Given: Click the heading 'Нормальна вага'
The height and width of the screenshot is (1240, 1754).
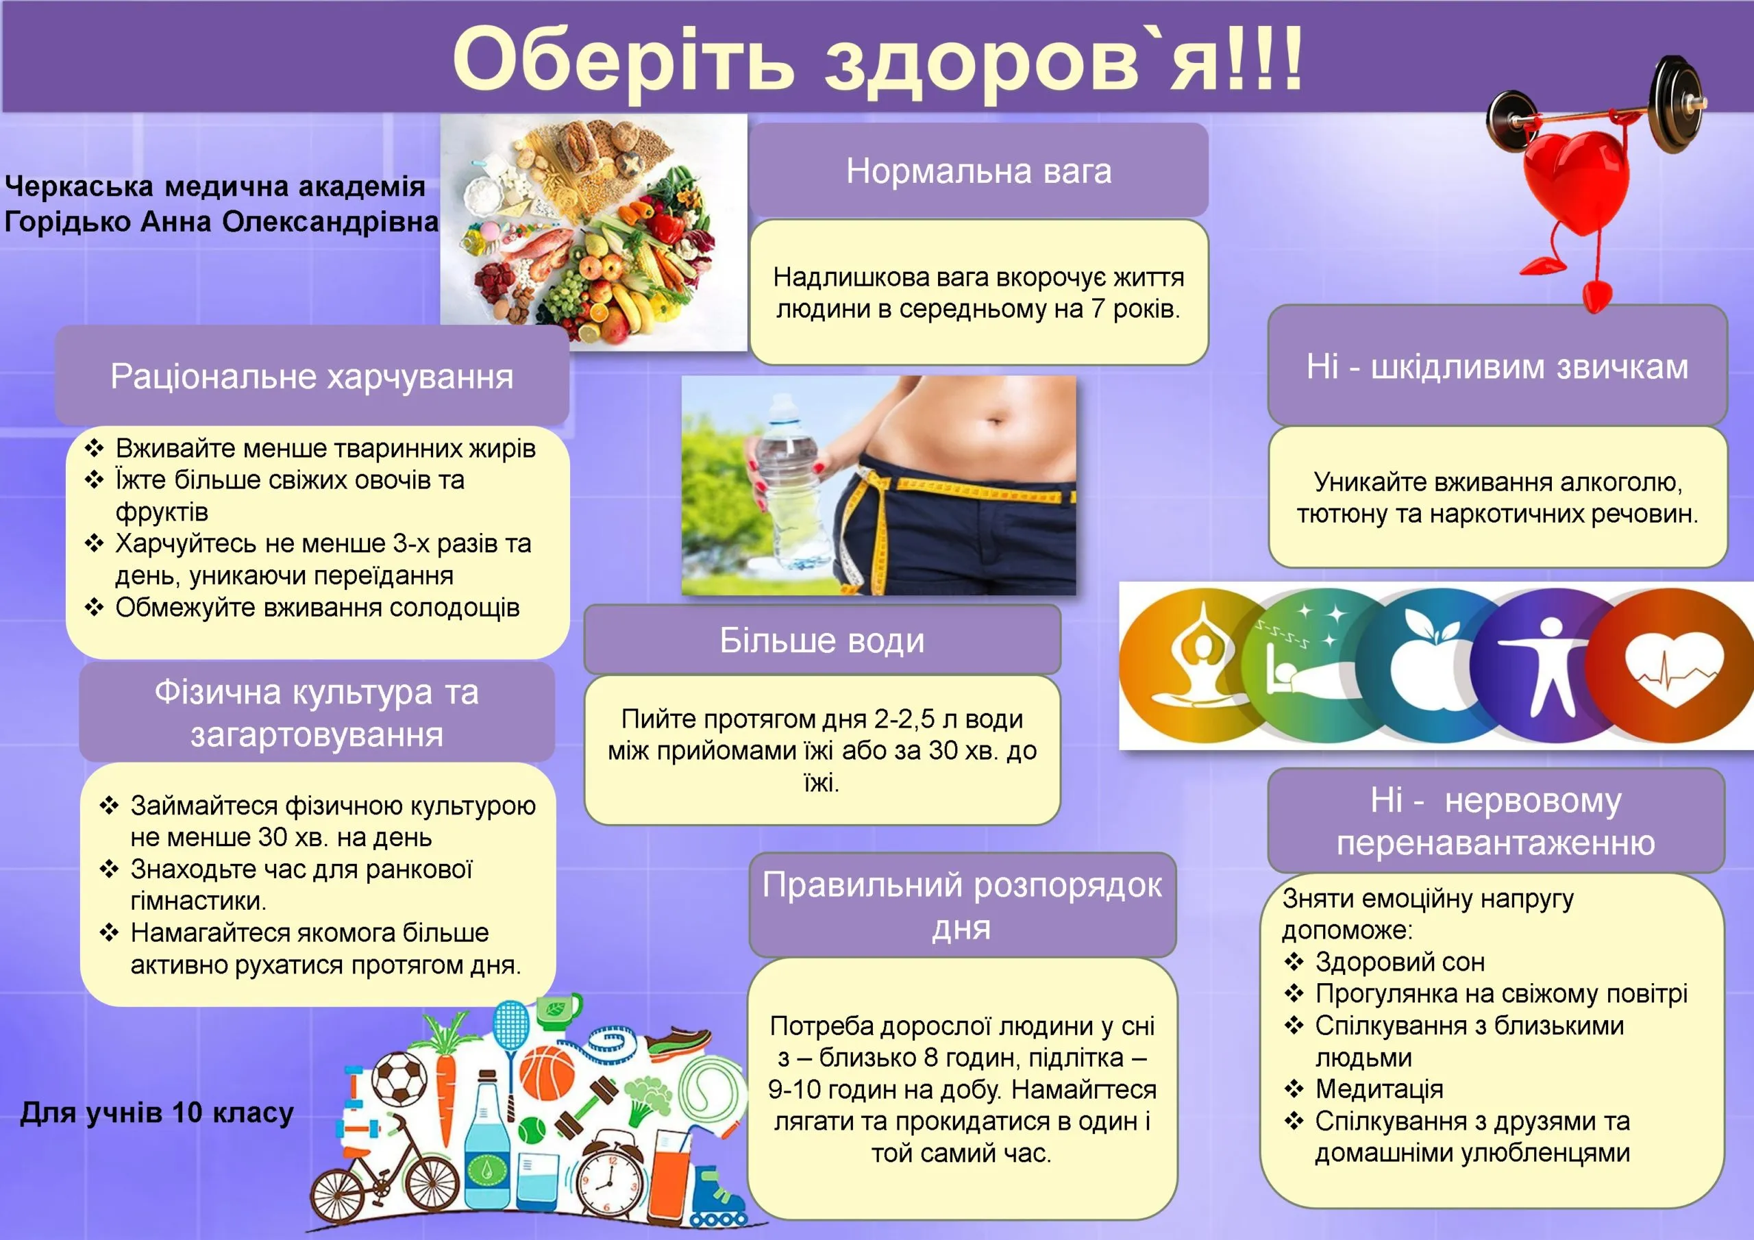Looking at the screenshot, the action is click(978, 171).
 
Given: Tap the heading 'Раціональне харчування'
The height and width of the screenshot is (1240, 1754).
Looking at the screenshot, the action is click(312, 376).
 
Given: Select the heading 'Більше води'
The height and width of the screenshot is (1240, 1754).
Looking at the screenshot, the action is click(822, 641).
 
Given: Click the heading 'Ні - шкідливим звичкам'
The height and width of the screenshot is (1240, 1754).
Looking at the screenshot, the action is click(1497, 367).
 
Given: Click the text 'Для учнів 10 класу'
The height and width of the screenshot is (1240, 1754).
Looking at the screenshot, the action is click(157, 1113).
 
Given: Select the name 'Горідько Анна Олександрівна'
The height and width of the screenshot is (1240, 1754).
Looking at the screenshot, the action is click(221, 221).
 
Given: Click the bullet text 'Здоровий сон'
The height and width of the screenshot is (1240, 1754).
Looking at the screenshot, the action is click(1400, 962).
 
